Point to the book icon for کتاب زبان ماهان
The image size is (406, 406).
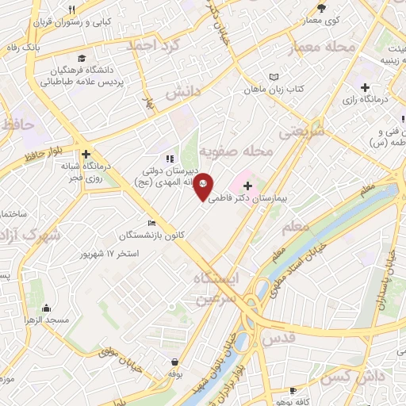[274, 77]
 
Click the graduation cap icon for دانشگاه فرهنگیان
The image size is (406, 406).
[82, 58]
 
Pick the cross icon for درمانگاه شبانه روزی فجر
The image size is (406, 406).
[86, 155]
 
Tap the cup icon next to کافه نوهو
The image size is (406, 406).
[293, 391]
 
